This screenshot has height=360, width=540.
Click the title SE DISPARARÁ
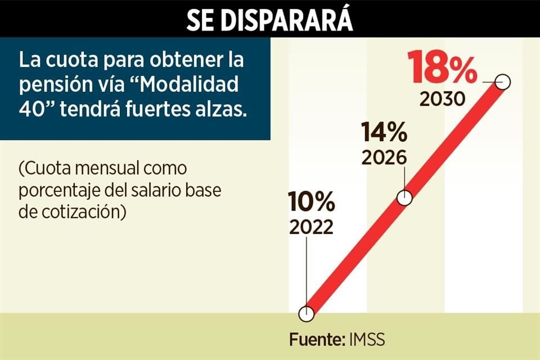point(270,19)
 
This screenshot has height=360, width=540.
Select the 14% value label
point(384,133)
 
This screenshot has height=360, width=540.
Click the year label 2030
point(443,100)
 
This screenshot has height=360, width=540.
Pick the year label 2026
point(384,158)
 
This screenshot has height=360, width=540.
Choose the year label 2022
point(312,227)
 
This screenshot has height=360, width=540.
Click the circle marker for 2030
point(503,82)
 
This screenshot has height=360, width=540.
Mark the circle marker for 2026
point(404,198)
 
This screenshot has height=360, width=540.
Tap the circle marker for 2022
point(307,314)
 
